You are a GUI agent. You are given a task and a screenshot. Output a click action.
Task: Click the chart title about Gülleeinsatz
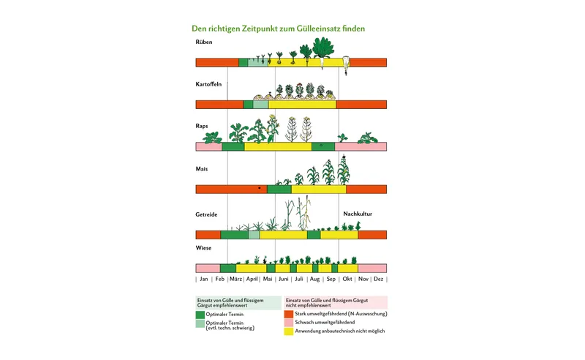(x=279, y=29)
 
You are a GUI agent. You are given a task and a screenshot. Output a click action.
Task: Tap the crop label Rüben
(x=204, y=42)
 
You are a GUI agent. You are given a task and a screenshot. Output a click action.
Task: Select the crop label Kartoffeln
(x=208, y=84)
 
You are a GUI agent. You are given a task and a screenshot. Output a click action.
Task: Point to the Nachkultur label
(x=358, y=214)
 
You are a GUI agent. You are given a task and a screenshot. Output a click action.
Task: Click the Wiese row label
(x=203, y=247)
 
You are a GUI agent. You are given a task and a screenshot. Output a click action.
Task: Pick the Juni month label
(x=284, y=279)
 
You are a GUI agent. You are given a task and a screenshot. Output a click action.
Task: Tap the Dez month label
(x=378, y=279)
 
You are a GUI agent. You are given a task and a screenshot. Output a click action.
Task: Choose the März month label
(x=235, y=279)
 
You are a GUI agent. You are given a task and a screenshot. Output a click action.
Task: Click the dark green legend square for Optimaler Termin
(x=200, y=315)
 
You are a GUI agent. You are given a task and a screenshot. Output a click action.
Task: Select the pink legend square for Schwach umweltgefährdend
(x=288, y=323)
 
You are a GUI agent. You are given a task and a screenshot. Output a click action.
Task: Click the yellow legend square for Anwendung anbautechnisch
(x=288, y=331)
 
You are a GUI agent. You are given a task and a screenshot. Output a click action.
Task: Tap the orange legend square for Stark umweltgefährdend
(x=288, y=314)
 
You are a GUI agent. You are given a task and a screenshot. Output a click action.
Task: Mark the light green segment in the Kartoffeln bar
(x=260, y=105)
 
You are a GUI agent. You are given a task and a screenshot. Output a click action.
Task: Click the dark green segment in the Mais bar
(x=279, y=190)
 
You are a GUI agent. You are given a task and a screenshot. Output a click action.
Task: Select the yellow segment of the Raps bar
(x=278, y=146)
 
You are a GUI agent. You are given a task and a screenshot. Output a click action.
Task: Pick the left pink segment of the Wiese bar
(x=208, y=268)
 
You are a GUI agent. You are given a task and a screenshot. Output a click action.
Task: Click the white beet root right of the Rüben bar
(x=346, y=65)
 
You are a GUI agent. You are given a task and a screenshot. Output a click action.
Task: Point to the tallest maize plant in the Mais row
(x=343, y=170)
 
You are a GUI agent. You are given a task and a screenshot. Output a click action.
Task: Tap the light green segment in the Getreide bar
(x=254, y=235)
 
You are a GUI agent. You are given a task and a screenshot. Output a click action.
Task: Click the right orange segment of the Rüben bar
(x=368, y=62)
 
